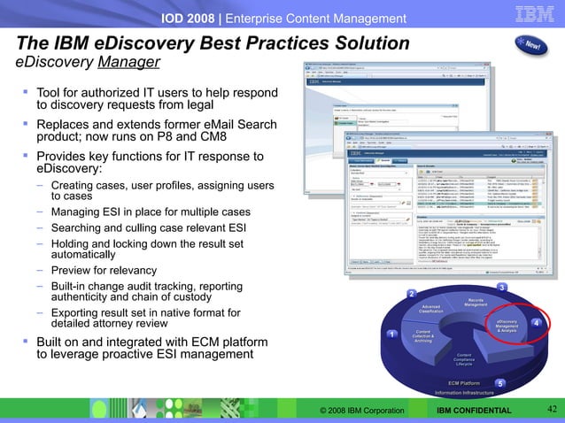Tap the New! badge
pyautogui.click(x=534, y=45)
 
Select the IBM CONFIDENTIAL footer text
pyautogui.click(x=476, y=410)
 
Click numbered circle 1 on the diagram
pyautogui.click(x=391, y=334)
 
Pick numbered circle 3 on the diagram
pyautogui.click(x=501, y=288)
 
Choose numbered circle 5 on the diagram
pyautogui.click(x=499, y=383)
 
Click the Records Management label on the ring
pyautogui.click(x=476, y=304)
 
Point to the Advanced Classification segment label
pyautogui.click(x=430, y=310)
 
